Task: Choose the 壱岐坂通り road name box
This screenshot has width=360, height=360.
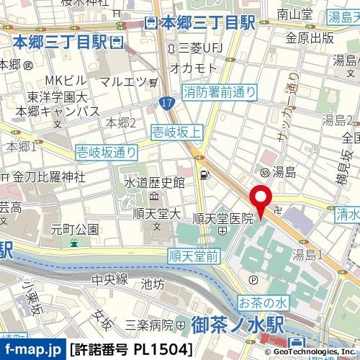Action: (x=107, y=151)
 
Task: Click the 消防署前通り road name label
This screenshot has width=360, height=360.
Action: (x=220, y=91)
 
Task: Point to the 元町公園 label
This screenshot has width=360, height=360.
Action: (x=74, y=229)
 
